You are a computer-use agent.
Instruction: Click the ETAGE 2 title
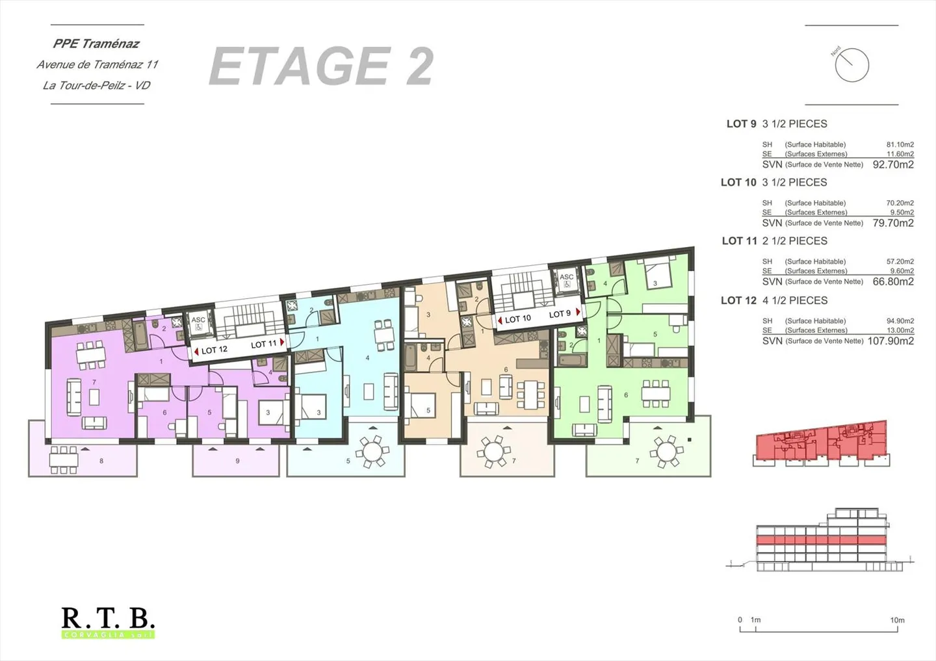point(321,66)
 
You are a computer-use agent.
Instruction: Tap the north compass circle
point(851,65)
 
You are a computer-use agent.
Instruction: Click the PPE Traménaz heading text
point(96,44)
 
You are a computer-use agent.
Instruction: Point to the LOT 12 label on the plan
point(214,350)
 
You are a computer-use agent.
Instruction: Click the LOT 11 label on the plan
point(264,344)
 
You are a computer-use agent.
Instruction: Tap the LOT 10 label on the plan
point(517,319)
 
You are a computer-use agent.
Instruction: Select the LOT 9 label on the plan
point(560,314)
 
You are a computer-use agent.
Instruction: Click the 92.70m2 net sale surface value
point(893,165)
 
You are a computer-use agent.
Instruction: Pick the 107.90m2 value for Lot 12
point(890,341)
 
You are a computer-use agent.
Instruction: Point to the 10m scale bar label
point(897,620)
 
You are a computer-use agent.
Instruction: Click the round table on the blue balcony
point(373,450)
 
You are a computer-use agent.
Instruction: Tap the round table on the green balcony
point(666,450)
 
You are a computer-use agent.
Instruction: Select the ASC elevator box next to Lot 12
point(198,324)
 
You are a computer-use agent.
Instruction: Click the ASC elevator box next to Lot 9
point(567,280)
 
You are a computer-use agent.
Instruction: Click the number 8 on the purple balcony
point(101,461)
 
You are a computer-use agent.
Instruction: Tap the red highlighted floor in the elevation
point(821,540)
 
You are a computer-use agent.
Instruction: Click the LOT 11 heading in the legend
point(739,241)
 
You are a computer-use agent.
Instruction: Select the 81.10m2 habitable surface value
point(900,145)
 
